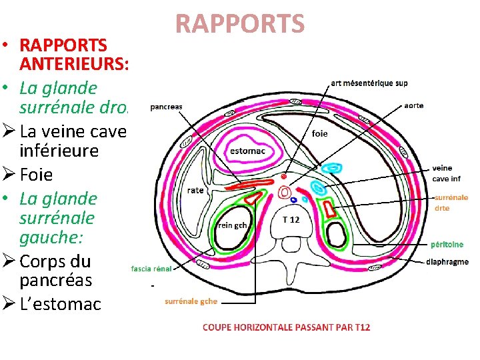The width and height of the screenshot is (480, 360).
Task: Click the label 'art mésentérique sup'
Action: coord(369,83)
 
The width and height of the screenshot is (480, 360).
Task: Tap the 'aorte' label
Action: coord(413,105)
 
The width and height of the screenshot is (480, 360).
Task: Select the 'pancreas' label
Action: coord(166,106)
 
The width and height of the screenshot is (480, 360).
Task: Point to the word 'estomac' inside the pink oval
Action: coord(247,151)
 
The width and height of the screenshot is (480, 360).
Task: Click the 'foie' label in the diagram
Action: coord(320,133)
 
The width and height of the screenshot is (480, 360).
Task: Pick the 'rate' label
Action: coord(195,190)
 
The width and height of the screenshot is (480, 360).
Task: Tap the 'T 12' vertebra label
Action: coord(291,219)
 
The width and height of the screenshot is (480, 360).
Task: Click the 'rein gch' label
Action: coord(232,225)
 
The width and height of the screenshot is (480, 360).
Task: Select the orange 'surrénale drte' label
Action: coord(451,203)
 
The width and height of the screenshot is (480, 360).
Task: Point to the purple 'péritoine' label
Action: coord(447,245)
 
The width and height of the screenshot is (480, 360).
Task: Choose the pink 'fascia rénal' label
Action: coord(151,269)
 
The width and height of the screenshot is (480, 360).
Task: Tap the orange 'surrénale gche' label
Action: coord(191,301)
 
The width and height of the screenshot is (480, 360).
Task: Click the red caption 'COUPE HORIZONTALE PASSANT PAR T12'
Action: coord(287,327)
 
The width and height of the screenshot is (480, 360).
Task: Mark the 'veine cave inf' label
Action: coord(446,173)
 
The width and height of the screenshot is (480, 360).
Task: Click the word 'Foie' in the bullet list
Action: coord(36,175)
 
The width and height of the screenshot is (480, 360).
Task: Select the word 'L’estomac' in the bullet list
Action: coord(61,305)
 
